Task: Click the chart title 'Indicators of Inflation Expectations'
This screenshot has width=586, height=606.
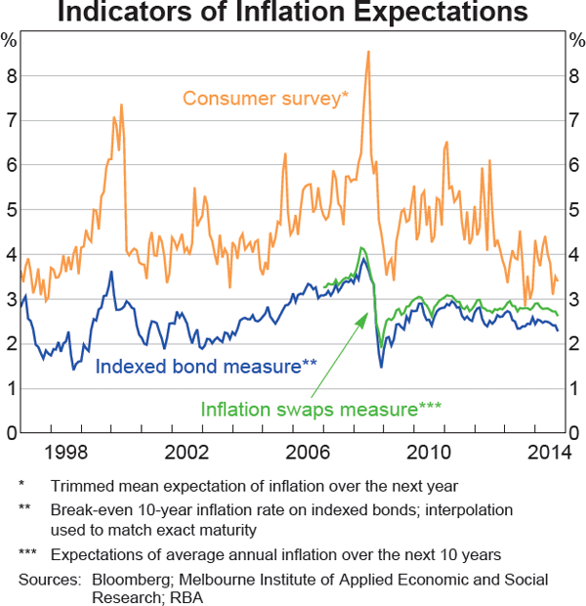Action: pos(293,14)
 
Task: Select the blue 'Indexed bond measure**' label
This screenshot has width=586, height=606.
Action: pos(206,367)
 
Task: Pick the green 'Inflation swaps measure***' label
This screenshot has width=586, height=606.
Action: pos(321,410)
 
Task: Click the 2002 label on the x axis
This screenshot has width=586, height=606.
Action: pos(187,453)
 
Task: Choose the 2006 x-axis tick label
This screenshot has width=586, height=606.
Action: pos(308,453)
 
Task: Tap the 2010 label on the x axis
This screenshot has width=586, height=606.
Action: pos(429,453)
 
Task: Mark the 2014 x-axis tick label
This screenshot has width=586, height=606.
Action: pos(549,453)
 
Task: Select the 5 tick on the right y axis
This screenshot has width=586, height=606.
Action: pos(576,209)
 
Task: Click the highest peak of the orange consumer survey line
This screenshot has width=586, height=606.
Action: pos(368,51)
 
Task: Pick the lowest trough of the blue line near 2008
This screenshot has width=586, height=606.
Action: pos(381,367)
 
